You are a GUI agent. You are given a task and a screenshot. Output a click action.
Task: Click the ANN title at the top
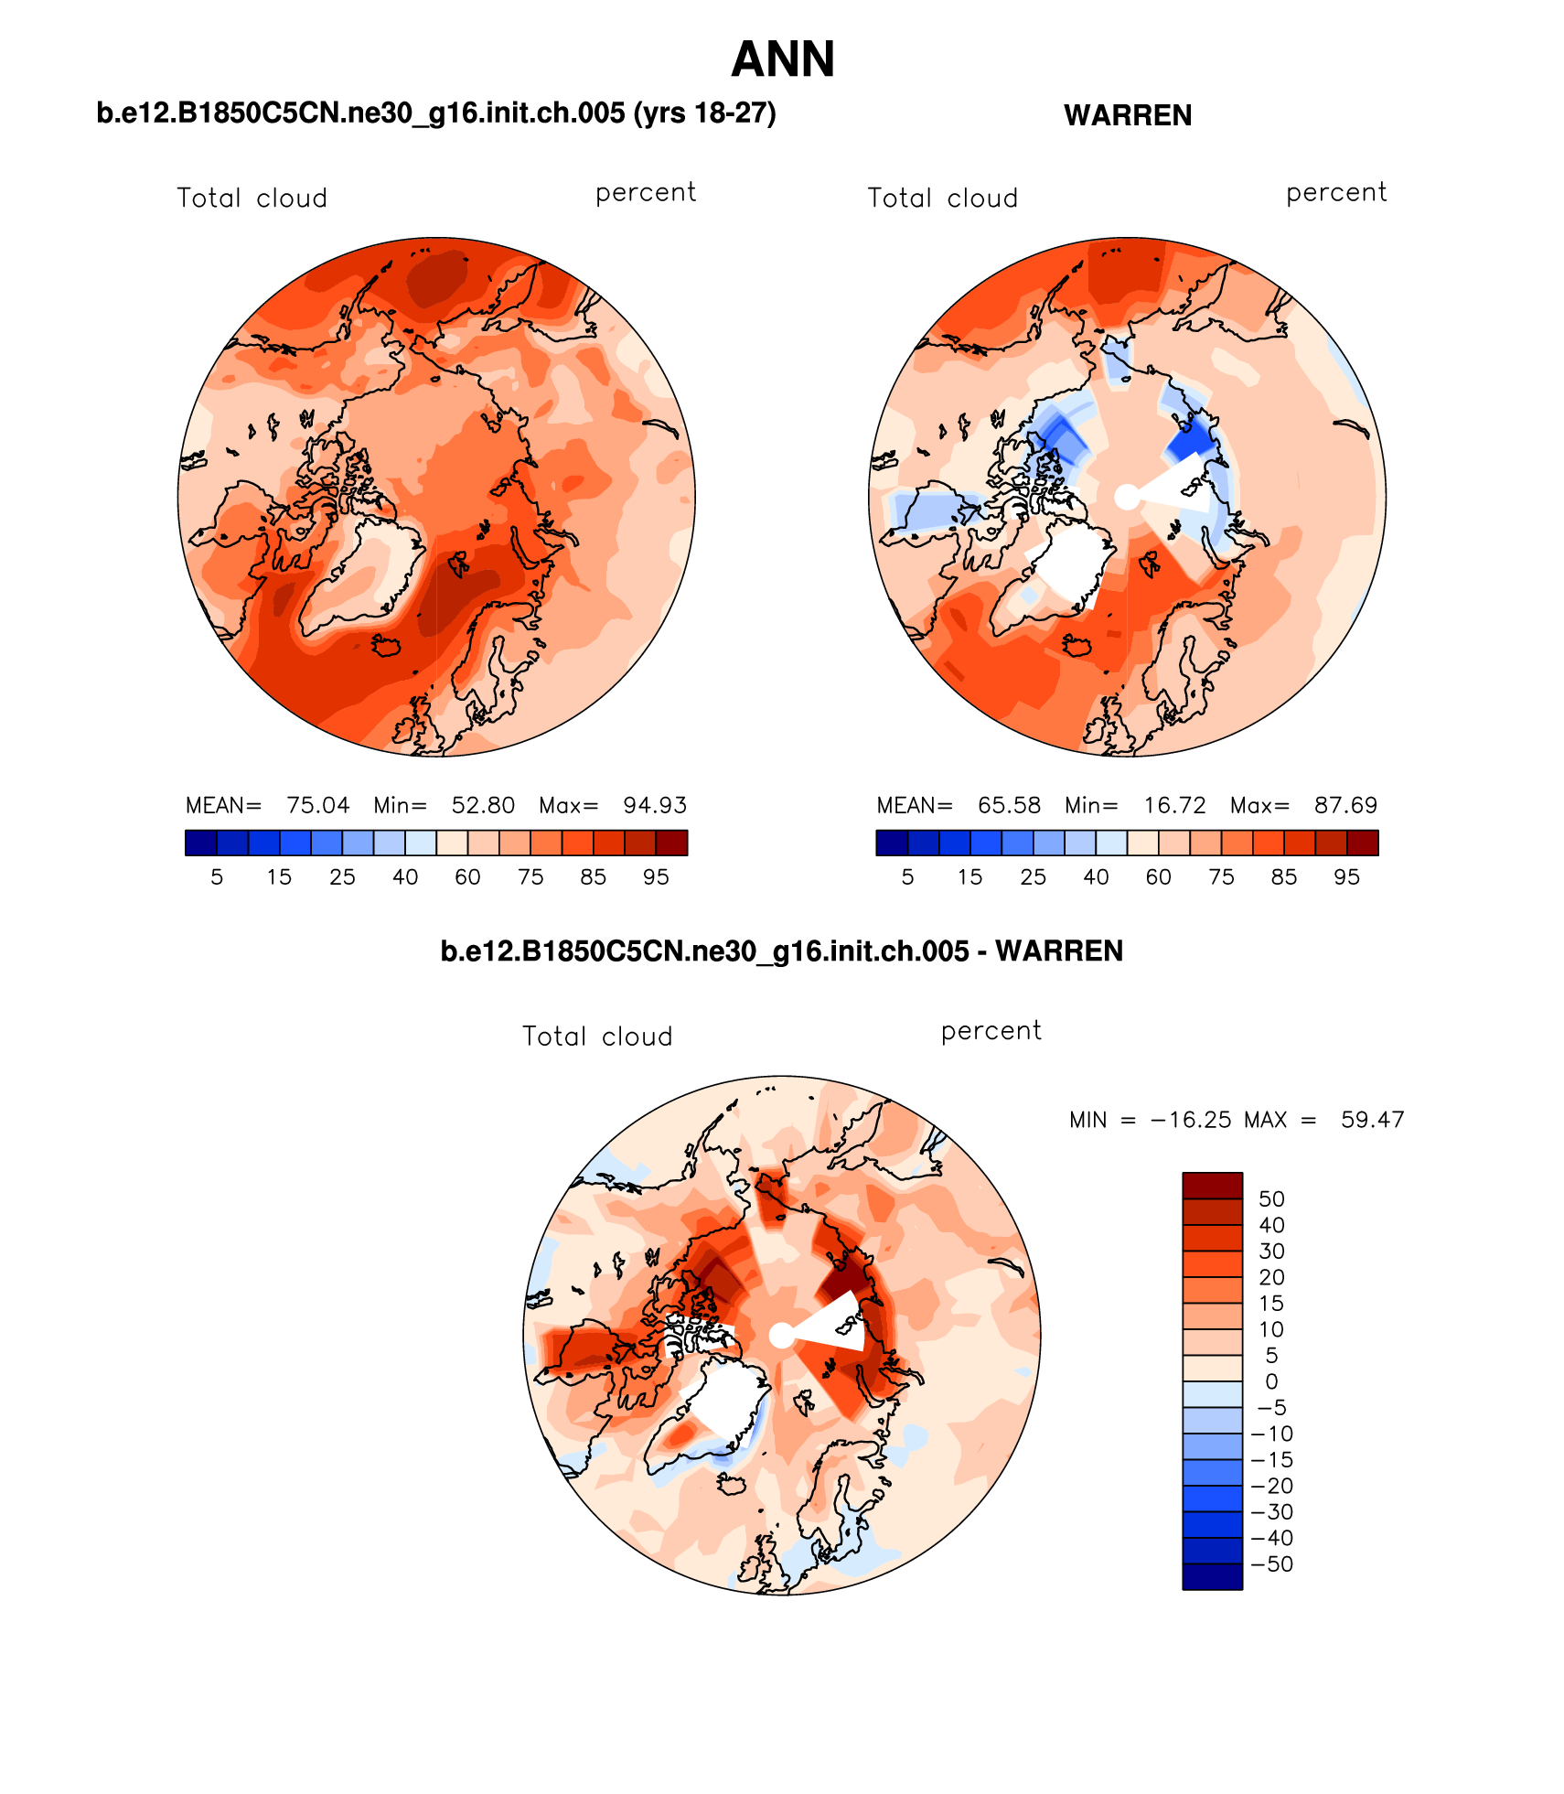tap(783, 60)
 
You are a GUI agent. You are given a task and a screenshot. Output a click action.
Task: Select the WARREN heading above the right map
tap(1128, 116)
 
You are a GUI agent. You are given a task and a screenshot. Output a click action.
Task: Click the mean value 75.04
tap(317, 805)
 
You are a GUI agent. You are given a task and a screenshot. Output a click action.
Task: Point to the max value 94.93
tap(655, 805)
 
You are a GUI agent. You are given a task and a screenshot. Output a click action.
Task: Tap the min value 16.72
tap(1174, 805)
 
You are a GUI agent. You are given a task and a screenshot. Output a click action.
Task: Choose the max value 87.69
tap(1345, 805)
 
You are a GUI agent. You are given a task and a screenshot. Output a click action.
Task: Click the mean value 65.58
tap(1009, 805)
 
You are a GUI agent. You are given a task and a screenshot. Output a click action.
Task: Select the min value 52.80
tap(483, 805)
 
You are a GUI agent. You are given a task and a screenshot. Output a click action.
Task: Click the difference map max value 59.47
tap(1372, 1120)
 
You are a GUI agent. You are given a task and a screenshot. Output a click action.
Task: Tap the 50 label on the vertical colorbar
tap(1271, 1199)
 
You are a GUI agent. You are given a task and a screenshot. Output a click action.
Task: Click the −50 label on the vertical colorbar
tap(1271, 1564)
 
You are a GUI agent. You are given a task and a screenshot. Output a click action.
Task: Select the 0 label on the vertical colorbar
tap(1271, 1381)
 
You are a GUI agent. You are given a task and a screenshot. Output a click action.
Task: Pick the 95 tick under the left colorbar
tap(656, 877)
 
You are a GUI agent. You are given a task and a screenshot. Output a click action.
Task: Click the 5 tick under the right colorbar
tap(907, 877)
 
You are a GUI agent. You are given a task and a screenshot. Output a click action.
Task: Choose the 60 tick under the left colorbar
tap(467, 877)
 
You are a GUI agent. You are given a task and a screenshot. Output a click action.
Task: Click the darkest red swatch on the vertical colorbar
tap(1212, 1186)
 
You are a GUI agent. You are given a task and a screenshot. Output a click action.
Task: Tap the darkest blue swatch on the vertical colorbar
tap(1212, 1577)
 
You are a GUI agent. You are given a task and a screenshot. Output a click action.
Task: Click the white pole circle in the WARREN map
tap(1127, 497)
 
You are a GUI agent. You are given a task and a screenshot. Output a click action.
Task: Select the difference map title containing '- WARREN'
tap(781, 951)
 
